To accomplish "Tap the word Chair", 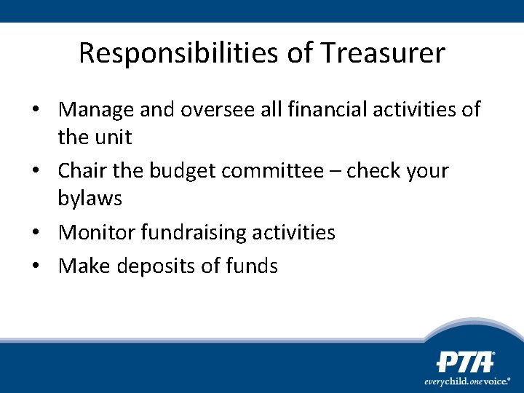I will pos(82,171).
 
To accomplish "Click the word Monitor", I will pos(96,232).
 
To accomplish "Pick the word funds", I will pos(252,266).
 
